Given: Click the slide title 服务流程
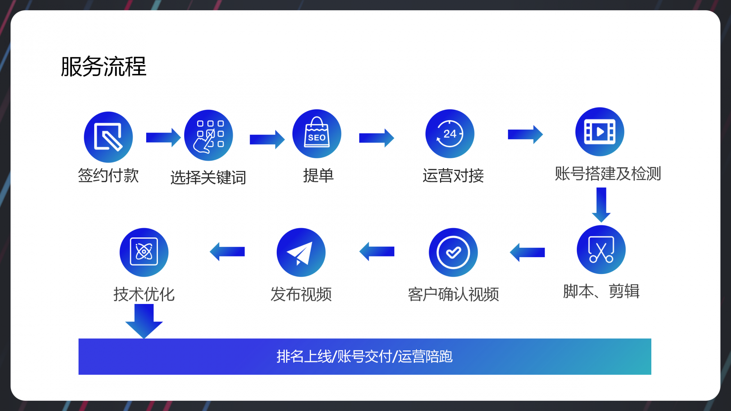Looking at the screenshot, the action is pos(103,66).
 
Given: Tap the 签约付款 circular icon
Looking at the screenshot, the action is pos(108,137).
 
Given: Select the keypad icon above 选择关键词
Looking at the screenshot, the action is pos(209,135).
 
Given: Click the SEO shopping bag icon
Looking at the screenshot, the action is pos(317,134).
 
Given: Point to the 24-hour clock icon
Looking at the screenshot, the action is pos(450,134).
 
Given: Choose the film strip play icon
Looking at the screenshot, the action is pos(600,132).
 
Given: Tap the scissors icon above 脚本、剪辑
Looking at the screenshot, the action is pos(601,250).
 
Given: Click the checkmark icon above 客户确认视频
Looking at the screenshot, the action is pos(453,252).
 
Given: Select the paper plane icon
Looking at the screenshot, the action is pos(301,252).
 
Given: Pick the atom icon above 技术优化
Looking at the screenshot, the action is pos(144,252).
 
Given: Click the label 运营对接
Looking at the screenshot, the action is pos(453,176).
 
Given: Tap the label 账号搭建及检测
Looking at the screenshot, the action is pos(608,174).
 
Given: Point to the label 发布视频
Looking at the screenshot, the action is pos(301,294).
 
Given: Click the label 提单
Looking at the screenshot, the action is pos(318,176).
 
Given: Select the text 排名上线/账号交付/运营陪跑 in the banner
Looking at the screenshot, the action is pos(365,356).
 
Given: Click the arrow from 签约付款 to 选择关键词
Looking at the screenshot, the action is pos(163,137).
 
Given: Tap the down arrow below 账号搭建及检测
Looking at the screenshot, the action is pos(601,205).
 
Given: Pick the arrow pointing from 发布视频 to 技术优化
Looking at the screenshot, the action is pos(227,252).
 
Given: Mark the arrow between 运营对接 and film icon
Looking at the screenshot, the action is pos(525,134).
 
